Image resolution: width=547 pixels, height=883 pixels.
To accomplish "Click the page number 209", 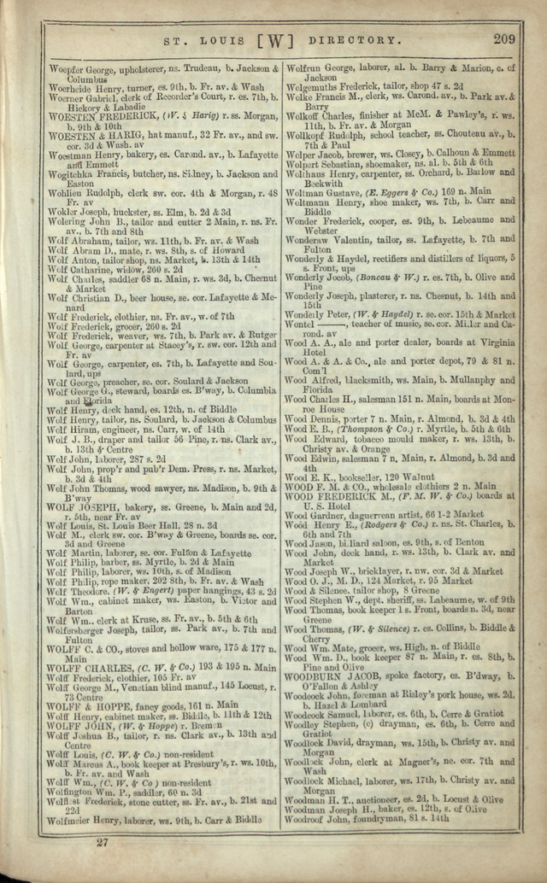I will [x=504, y=38].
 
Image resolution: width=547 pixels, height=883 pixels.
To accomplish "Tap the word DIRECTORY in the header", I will [x=354, y=40].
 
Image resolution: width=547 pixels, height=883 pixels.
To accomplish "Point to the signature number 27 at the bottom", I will [x=102, y=843].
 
